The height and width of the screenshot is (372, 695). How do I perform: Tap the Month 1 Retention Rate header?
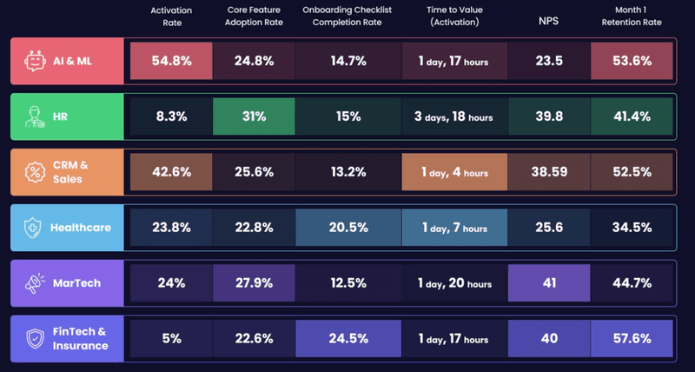click(632, 17)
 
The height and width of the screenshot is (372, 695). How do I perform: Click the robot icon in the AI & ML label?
click(35, 61)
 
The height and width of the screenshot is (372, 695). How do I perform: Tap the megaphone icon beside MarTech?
click(35, 283)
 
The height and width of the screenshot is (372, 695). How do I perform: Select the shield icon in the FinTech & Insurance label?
click(35, 339)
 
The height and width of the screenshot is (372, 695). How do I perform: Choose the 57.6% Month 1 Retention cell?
click(632, 339)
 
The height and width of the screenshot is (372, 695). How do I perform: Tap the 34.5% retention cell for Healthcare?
click(632, 228)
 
